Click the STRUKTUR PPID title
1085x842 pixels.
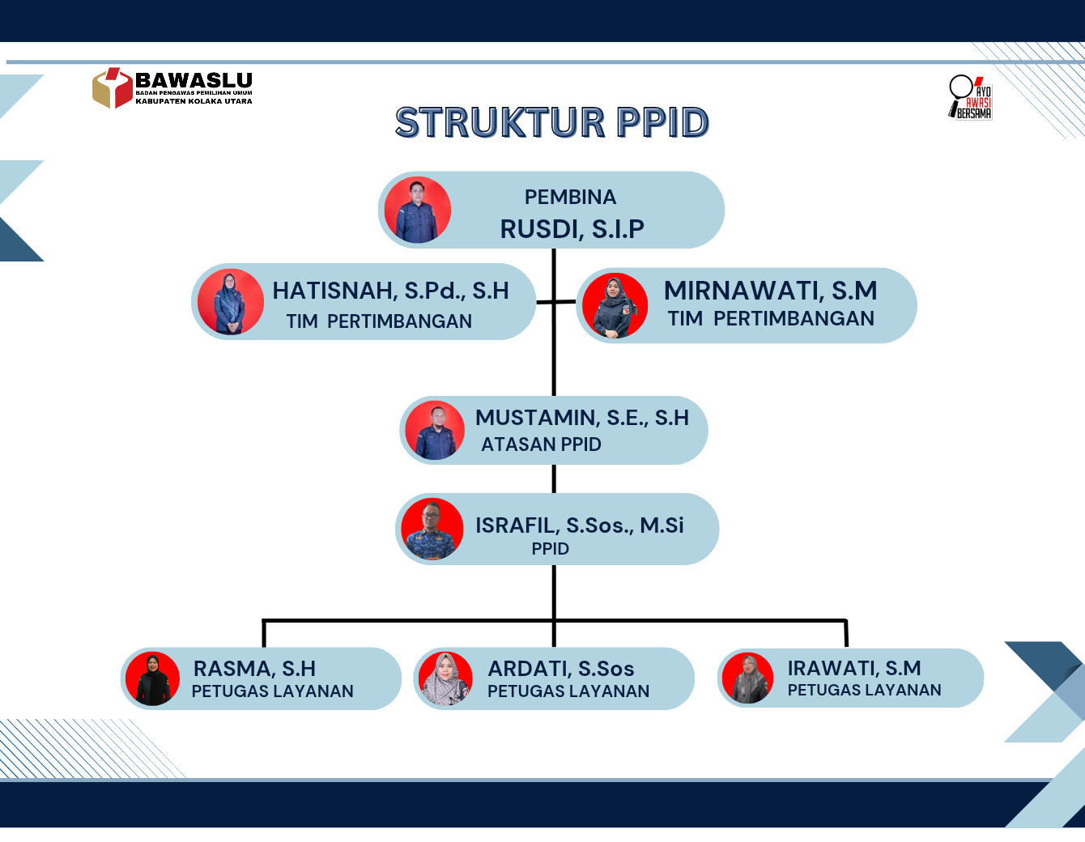tap(551, 122)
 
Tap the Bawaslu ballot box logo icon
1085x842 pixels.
tap(113, 88)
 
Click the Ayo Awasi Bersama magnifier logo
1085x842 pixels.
tap(970, 97)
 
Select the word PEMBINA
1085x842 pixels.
tap(570, 198)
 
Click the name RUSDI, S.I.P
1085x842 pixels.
tap(572, 229)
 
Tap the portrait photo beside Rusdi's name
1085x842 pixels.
tap(418, 210)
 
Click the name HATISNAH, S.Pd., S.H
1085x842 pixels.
tap(390, 291)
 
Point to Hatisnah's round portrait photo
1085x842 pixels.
tap(230, 302)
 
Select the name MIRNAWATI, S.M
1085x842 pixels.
tap(771, 291)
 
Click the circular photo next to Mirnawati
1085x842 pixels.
tap(615, 305)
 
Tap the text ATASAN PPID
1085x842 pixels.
tap(541, 444)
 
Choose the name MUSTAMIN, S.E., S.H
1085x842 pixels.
tap(582, 418)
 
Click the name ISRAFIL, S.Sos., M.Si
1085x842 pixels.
tap(579, 525)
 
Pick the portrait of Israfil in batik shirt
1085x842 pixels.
tap(432, 529)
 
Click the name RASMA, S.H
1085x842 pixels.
tap(254, 668)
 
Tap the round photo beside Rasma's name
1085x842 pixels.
tap(152, 678)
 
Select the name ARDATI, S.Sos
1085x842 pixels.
tap(561, 669)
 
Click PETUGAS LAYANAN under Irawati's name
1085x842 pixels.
tap(864, 690)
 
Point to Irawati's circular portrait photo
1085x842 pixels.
tap(747, 678)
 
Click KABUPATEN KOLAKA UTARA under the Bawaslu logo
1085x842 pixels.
tap(194, 101)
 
